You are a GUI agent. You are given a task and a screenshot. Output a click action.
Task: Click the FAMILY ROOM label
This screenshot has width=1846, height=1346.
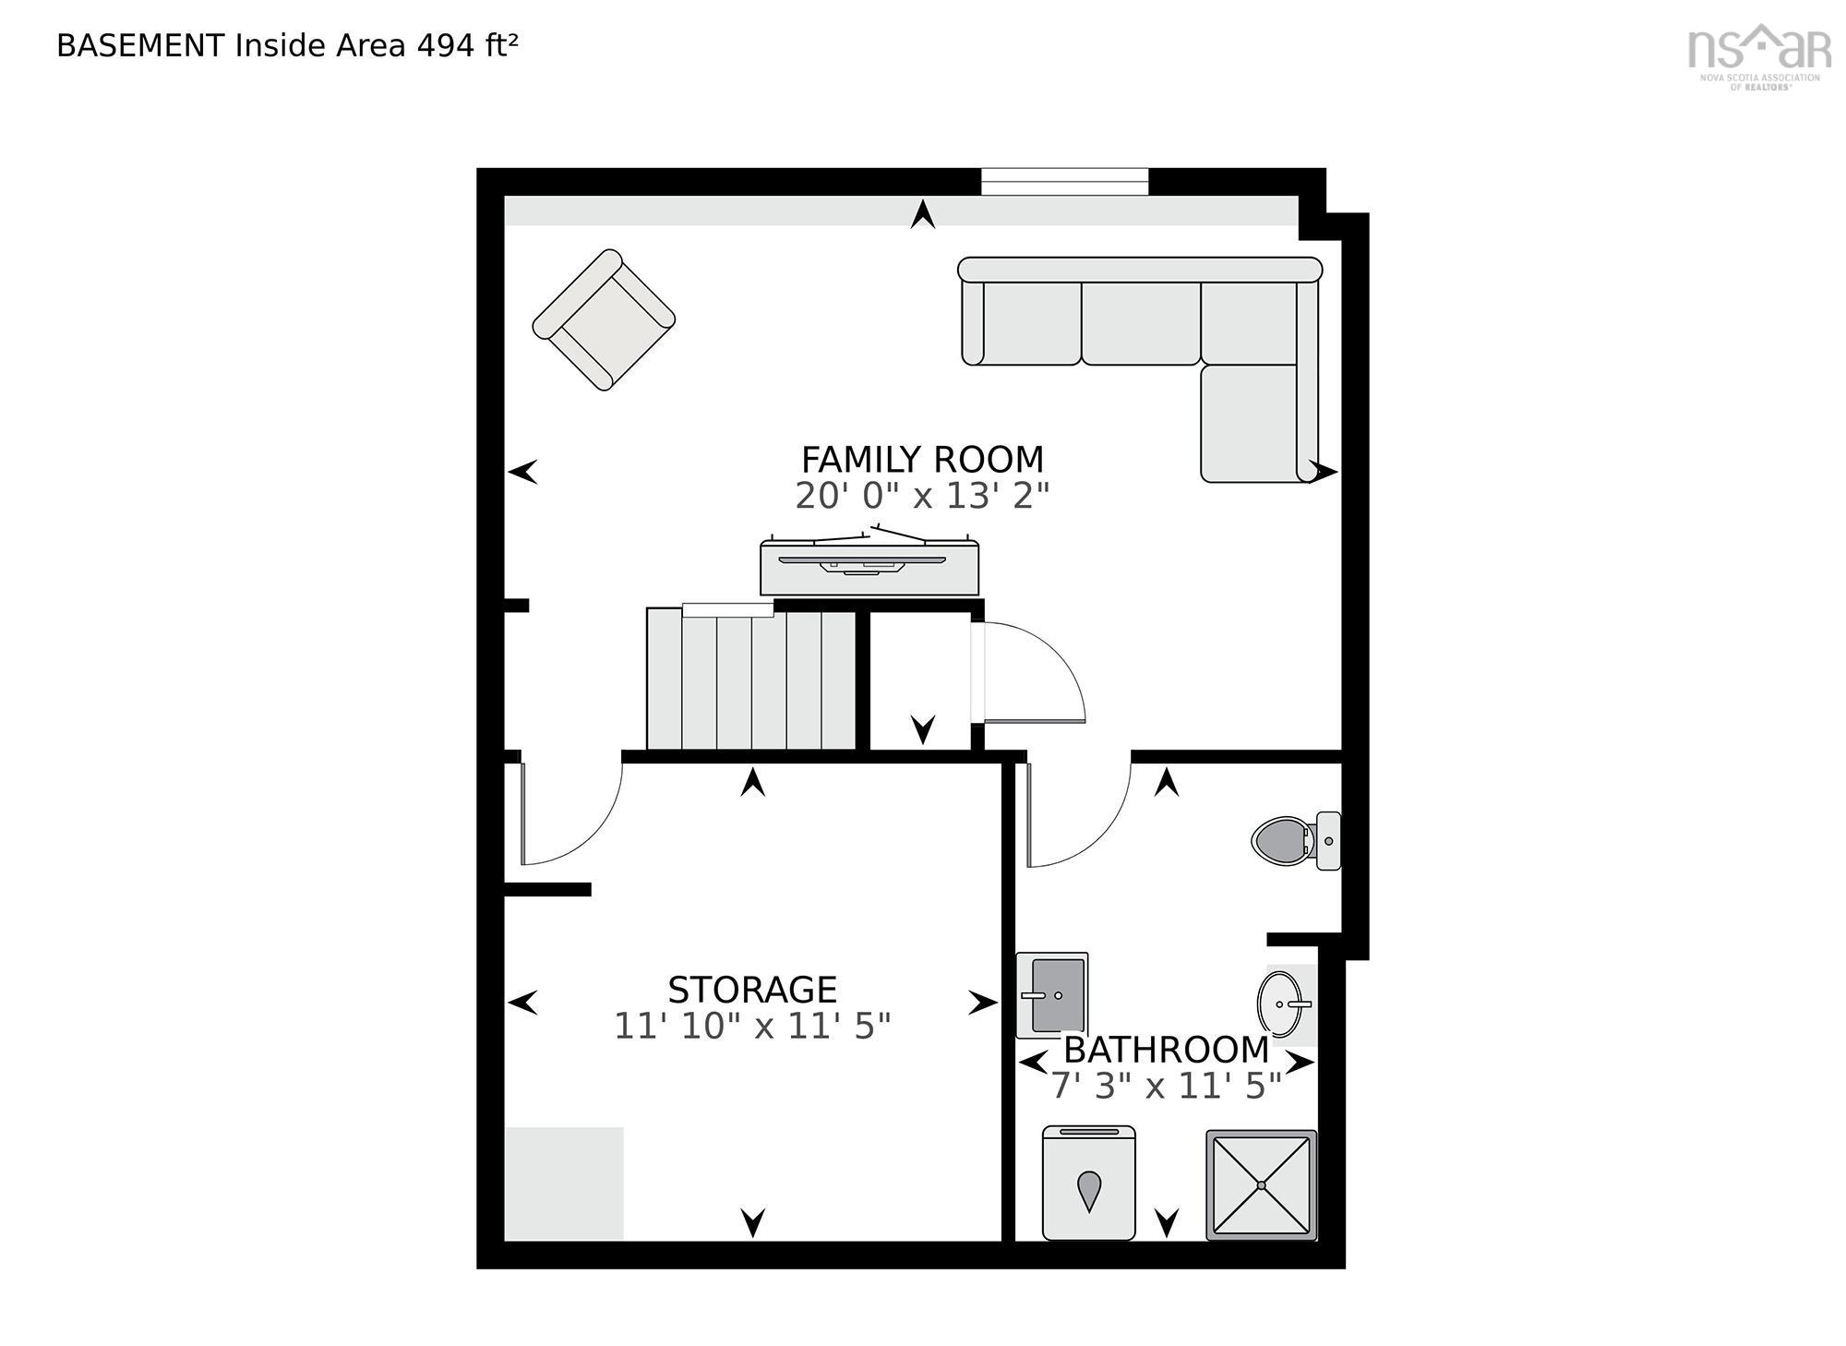click(922, 459)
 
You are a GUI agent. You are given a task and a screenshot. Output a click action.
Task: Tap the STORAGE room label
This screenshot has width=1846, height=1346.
click(752, 990)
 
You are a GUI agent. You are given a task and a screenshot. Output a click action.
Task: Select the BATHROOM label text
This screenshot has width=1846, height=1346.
click(1167, 1050)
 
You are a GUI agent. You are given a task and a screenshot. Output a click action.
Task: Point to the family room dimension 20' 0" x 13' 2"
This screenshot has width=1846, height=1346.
click(922, 496)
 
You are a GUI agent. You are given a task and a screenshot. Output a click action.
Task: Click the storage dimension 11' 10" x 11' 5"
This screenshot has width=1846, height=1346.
click(752, 1026)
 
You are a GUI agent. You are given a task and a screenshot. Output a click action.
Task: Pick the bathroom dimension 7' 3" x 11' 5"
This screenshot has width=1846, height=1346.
click(1167, 1086)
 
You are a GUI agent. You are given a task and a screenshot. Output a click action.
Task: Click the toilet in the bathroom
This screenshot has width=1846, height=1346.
click(1296, 840)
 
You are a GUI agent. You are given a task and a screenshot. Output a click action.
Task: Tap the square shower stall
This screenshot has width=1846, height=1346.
click(1262, 1185)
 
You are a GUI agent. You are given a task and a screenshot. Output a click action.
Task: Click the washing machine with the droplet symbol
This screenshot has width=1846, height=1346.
click(1089, 1183)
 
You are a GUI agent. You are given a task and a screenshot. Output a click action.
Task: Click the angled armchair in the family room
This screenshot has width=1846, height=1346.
click(604, 319)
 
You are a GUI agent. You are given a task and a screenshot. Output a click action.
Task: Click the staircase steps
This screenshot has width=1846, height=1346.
click(751, 679)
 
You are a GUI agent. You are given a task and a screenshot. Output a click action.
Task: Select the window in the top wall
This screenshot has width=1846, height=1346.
click(1064, 182)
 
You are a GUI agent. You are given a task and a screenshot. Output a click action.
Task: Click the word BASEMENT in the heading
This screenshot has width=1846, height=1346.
click(140, 45)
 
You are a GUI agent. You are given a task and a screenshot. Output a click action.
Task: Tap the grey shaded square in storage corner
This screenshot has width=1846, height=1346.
click(564, 1184)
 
